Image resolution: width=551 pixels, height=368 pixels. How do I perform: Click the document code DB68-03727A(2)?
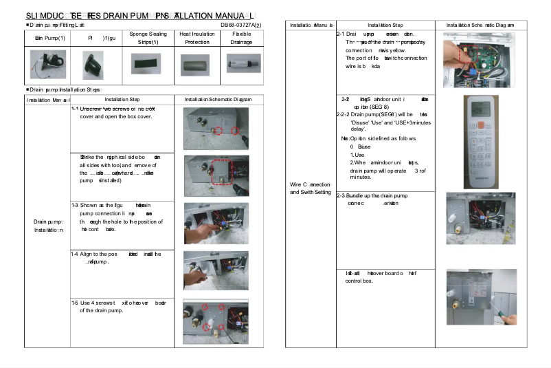(x=240, y=25)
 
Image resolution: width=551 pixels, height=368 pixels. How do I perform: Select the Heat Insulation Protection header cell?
(x=196, y=38)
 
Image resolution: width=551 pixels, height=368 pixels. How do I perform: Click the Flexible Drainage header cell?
(x=242, y=38)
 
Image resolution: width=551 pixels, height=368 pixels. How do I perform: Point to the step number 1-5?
(x=75, y=302)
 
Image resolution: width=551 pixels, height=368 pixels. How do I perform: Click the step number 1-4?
(x=75, y=254)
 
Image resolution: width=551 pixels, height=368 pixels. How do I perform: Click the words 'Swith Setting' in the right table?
(x=310, y=192)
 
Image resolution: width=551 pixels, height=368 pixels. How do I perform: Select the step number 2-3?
(x=341, y=196)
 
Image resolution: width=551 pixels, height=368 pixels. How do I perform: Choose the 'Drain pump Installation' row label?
(x=47, y=226)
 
